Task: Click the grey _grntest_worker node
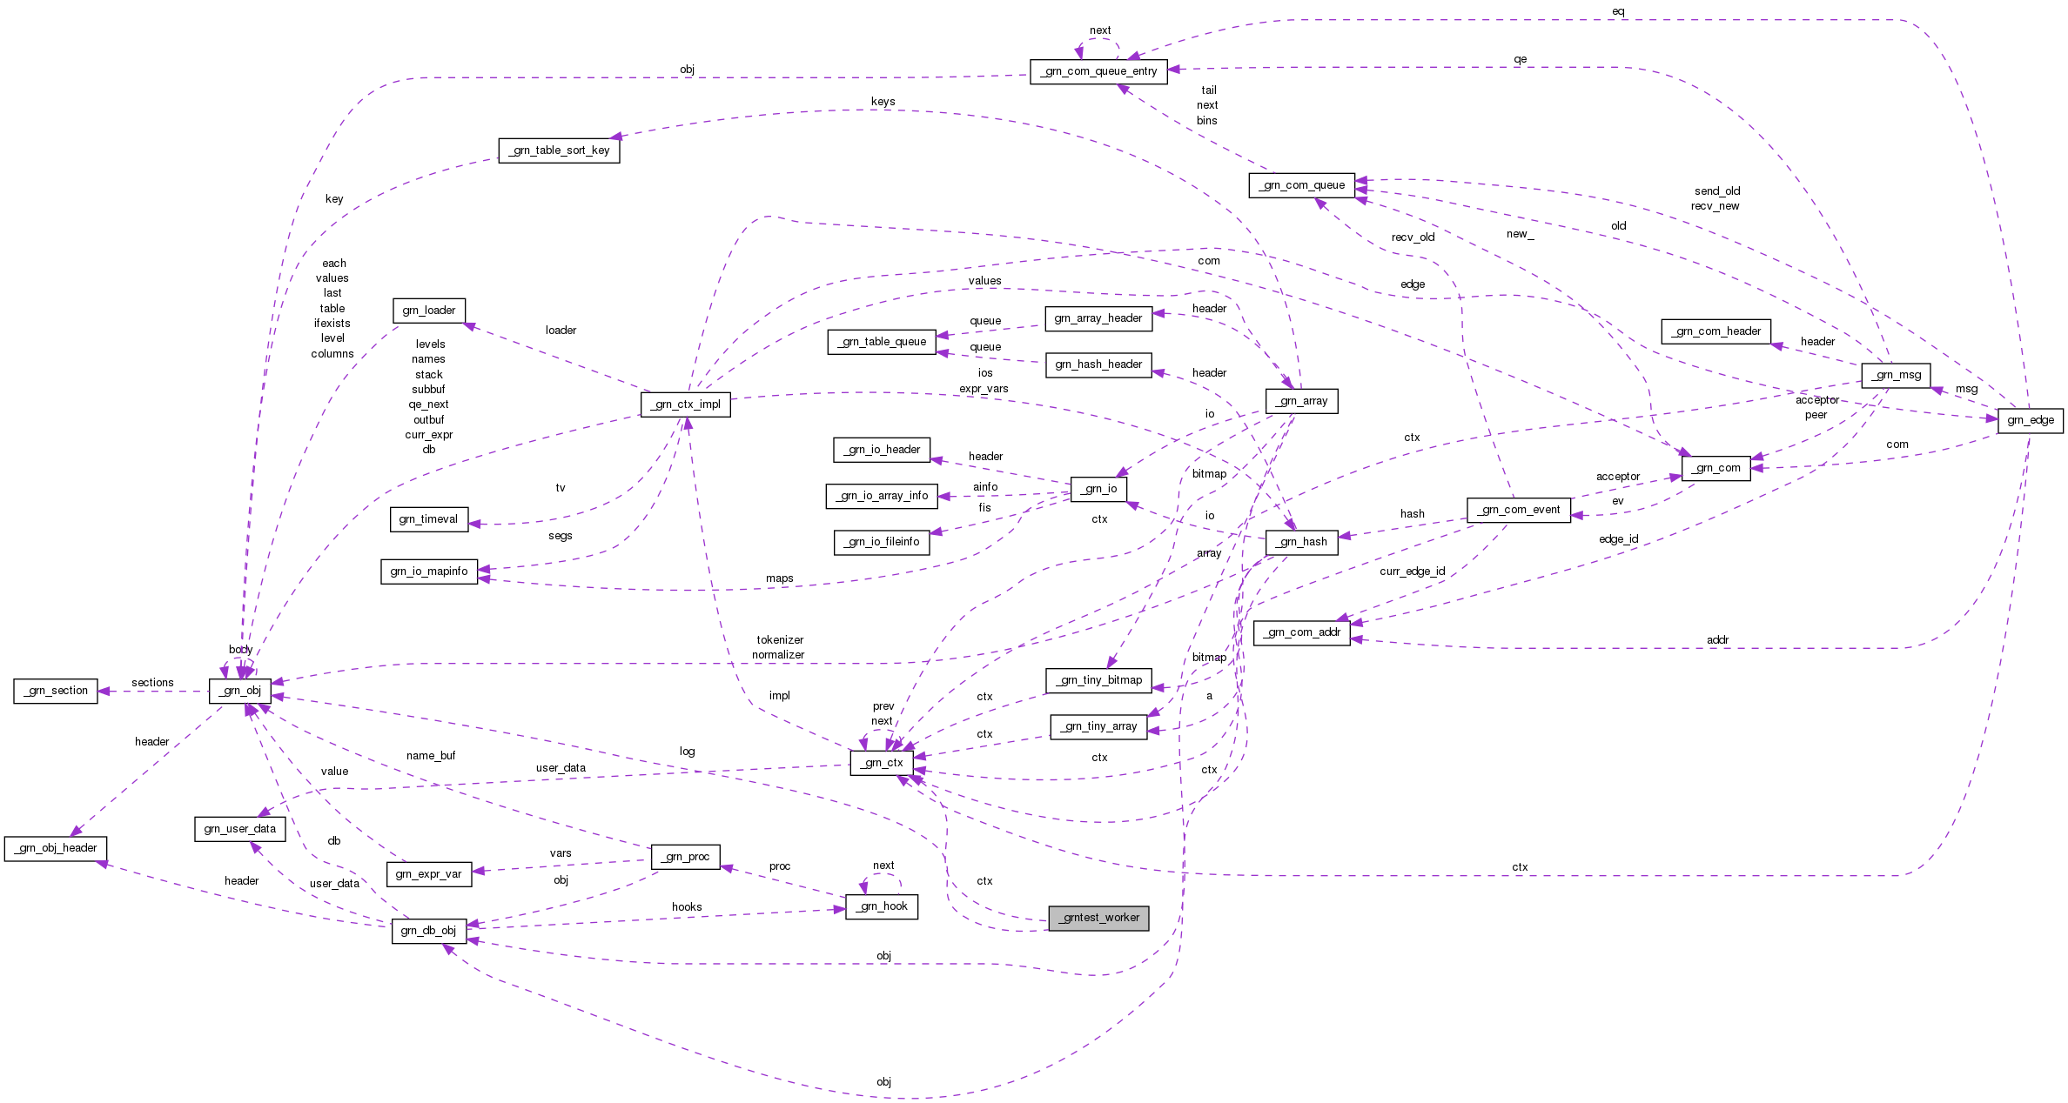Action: coord(1098,918)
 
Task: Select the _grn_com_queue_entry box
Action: coord(1098,71)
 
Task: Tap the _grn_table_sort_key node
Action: coord(559,150)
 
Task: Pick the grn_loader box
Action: coord(428,311)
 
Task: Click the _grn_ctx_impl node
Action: coord(685,404)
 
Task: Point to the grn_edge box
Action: coord(2030,420)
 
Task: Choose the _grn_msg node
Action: coord(1896,375)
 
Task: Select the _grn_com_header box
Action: coord(1715,331)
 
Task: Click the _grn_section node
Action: coord(56,691)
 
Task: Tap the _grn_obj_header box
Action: coord(57,848)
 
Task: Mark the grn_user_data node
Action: coord(239,829)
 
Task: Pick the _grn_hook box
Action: coord(882,906)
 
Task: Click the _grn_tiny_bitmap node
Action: coord(1098,680)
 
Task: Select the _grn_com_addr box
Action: coord(1301,632)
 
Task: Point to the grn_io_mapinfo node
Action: coord(428,572)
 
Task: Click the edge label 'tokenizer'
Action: coord(780,640)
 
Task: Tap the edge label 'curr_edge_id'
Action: coord(1412,572)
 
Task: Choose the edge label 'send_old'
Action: coord(1716,191)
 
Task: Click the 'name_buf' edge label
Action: coord(431,756)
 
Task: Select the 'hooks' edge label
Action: coord(687,907)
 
